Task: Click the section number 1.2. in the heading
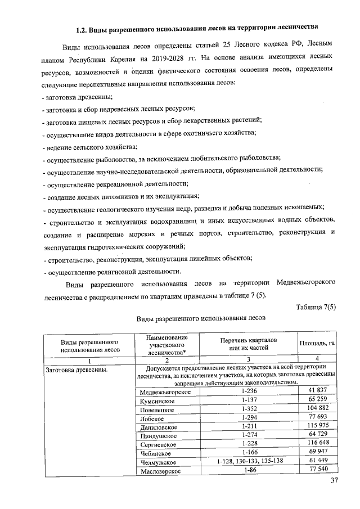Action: point(84,26)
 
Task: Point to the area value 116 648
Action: point(318,444)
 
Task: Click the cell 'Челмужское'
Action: point(158,462)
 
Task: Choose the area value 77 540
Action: point(318,470)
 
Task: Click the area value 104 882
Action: point(318,409)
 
